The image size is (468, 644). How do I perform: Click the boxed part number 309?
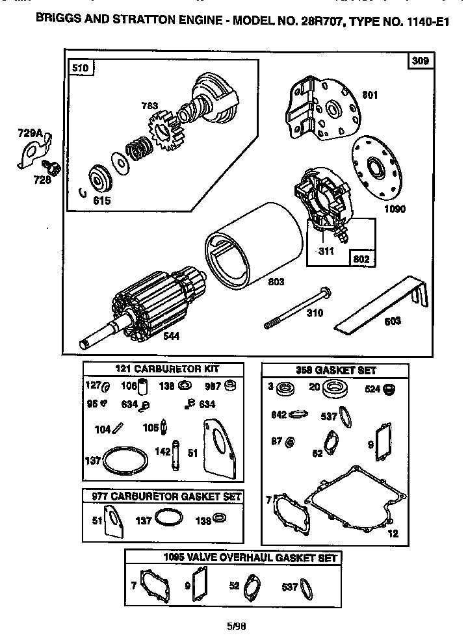click(x=420, y=61)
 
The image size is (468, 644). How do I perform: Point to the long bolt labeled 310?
click(x=299, y=308)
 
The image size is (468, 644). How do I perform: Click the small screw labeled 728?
click(x=54, y=169)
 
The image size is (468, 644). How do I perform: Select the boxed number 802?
click(x=362, y=259)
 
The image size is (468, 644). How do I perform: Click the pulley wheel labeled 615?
click(x=101, y=179)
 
